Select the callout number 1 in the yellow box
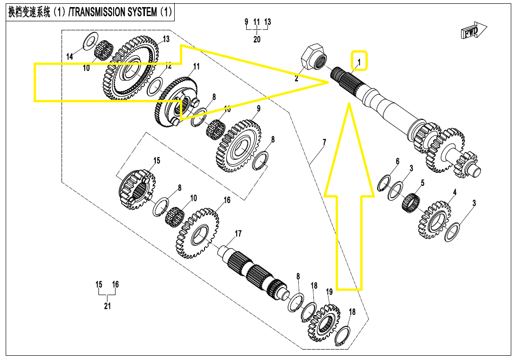point(359,62)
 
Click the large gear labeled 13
point(129,70)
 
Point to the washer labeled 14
point(89,41)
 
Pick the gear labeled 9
point(239,144)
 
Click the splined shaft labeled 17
point(253,275)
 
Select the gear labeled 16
point(198,232)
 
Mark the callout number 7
point(324,142)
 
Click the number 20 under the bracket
point(257,39)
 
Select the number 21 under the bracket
point(107,306)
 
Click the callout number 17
point(238,234)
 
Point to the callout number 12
point(168,66)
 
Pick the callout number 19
point(329,291)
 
